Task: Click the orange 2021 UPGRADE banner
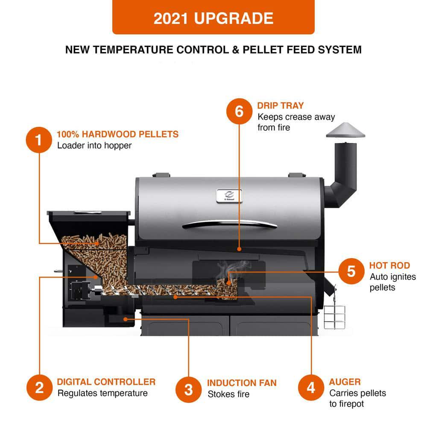(x=213, y=18)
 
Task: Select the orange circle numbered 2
(x=39, y=388)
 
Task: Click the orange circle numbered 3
(x=189, y=389)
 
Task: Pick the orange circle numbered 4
(x=310, y=388)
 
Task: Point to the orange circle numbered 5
(x=351, y=271)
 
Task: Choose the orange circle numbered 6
(x=239, y=111)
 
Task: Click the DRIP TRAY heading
(x=281, y=105)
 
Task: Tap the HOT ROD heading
(x=389, y=266)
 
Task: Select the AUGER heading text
(x=345, y=382)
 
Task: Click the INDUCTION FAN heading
(x=242, y=383)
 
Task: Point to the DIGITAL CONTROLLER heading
(x=106, y=382)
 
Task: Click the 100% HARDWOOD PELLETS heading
(x=117, y=134)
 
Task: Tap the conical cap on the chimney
(x=345, y=130)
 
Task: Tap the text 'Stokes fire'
(x=228, y=394)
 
